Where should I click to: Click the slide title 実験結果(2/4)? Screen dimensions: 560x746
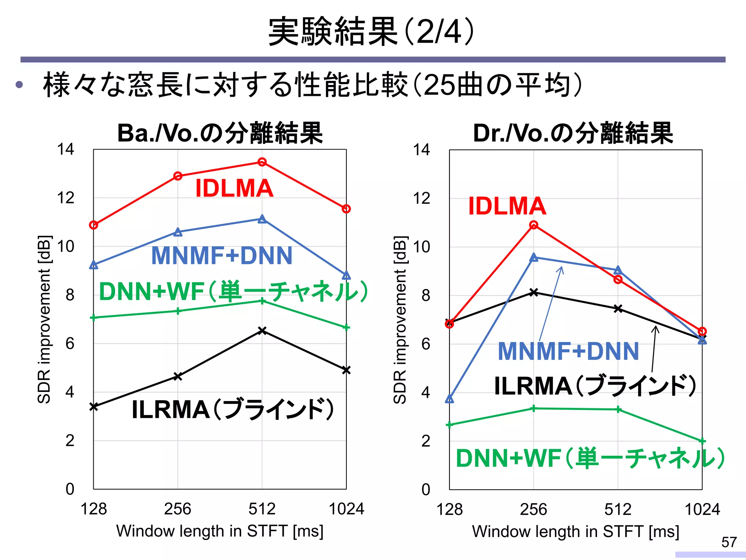[372, 32]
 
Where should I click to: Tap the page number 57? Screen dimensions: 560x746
[729, 542]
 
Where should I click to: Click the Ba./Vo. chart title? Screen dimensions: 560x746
[220, 133]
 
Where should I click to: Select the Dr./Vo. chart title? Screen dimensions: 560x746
[573, 133]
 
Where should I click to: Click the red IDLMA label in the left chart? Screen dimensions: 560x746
[234, 188]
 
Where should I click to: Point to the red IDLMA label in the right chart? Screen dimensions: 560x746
[507, 206]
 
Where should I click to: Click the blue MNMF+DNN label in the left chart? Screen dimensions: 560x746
[221, 256]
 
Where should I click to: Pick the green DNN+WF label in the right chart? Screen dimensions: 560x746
[590, 458]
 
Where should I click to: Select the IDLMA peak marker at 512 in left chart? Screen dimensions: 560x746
[262, 162]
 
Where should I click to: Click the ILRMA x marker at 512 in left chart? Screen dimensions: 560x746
[262, 331]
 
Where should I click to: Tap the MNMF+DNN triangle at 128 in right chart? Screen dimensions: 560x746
[449, 399]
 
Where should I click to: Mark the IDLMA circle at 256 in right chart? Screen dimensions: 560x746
[534, 225]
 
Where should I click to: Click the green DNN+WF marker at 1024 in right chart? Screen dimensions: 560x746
[702, 441]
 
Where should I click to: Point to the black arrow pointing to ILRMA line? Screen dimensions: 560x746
[654, 348]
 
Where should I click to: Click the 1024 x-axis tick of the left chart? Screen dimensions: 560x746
[346, 509]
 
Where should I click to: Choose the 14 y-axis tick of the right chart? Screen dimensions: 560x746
[421, 150]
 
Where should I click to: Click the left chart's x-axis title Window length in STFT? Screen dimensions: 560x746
[220, 531]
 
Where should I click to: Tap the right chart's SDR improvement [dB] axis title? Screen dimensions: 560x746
[400, 320]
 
